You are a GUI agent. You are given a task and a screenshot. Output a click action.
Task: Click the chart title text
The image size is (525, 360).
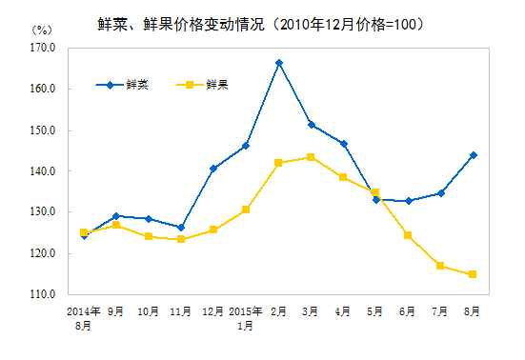click(261, 22)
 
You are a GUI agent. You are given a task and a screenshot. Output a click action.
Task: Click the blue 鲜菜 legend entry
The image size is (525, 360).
click(122, 85)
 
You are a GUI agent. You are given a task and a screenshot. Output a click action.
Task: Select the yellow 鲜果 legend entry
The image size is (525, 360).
click(203, 85)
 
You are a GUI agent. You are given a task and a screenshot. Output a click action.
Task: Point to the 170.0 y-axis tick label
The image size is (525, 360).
click(44, 47)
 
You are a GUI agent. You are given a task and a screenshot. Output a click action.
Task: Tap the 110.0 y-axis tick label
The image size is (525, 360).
click(44, 295)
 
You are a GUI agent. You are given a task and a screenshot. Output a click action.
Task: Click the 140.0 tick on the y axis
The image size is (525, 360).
click(44, 171)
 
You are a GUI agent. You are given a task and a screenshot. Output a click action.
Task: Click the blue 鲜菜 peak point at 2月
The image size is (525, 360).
click(279, 63)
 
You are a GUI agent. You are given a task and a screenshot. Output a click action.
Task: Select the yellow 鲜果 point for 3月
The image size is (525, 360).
click(312, 157)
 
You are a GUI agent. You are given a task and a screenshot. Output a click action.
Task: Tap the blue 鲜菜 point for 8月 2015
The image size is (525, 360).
click(473, 155)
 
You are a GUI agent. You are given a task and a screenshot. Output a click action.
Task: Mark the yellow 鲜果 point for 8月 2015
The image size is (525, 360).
click(473, 274)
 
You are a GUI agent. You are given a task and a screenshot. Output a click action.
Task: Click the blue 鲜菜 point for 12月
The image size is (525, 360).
click(213, 169)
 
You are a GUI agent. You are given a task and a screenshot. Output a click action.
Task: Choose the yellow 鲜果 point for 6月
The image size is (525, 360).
click(408, 235)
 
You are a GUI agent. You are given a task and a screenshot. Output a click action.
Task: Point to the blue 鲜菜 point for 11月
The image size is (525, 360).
click(181, 228)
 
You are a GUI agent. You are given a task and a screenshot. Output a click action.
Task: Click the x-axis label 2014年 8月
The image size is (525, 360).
click(84, 318)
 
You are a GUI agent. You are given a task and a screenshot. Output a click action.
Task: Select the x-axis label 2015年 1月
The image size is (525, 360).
click(246, 318)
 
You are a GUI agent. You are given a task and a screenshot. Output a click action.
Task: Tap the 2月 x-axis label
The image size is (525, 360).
click(279, 311)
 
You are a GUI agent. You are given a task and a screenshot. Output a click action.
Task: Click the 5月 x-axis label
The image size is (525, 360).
click(375, 311)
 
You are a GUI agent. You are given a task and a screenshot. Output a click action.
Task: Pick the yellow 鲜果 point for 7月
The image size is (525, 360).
click(440, 266)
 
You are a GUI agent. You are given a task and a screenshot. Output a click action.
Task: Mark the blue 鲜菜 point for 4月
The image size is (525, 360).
click(343, 144)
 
